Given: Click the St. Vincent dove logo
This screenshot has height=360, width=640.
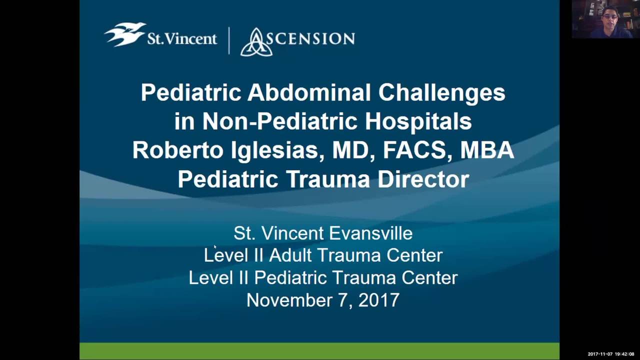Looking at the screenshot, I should click(x=124, y=34).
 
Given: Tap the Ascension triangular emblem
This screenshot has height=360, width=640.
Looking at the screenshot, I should click(x=256, y=42).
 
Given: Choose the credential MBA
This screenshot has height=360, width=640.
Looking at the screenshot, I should click(x=486, y=150).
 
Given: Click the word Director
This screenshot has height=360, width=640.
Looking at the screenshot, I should click(x=423, y=179).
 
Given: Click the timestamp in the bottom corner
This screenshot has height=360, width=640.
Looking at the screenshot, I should click(x=610, y=354).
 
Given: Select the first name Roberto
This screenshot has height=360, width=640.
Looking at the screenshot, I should click(x=177, y=150).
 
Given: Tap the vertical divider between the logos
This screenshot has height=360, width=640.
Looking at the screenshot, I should click(x=229, y=40).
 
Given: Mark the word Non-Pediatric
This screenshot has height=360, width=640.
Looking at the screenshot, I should click(x=280, y=121).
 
